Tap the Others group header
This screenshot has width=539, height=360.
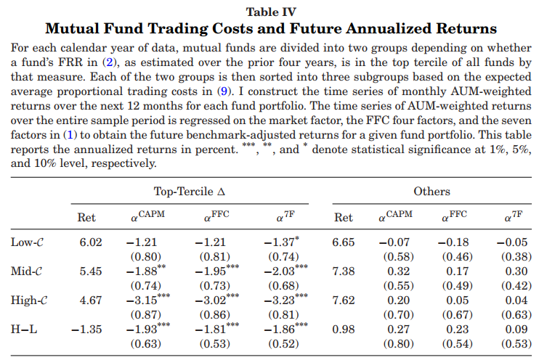point(431,192)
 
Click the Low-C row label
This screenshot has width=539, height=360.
point(28,242)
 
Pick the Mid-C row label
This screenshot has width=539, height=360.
point(28,271)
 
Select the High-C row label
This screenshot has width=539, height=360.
point(29,299)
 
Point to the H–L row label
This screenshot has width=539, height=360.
point(25,328)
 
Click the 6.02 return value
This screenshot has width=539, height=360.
point(90,242)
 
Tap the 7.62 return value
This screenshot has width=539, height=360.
point(344,299)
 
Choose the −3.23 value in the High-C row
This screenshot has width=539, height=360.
point(279,299)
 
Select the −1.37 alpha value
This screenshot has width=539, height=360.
point(279,242)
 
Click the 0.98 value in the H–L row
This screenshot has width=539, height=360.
point(344,328)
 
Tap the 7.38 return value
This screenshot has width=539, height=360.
point(344,271)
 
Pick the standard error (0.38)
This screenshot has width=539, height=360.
point(517,256)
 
